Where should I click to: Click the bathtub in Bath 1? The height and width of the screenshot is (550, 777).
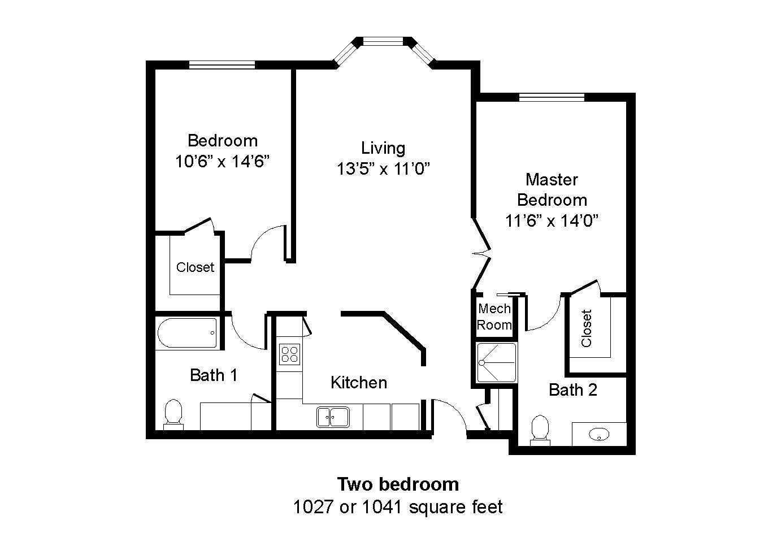pyautogui.click(x=186, y=334)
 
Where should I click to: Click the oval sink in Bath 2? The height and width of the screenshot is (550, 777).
pyautogui.click(x=599, y=434)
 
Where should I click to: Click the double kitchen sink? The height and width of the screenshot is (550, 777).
pyautogui.click(x=332, y=417)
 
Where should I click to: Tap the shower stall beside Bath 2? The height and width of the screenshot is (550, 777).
pyautogui.click(x=497, y=362)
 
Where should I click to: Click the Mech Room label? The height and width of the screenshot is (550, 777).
pyautogui.click(x=494, y=317)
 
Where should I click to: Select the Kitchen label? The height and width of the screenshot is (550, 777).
pyautogui.click(x=359, y=383)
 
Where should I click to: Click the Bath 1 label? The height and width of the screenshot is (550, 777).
pyautogui.click(x=213, y=375)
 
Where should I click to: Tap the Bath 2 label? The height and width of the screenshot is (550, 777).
pyautogui.click(x=573, y=389)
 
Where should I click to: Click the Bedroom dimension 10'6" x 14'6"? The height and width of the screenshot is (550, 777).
pyautogui.click(x=222, y=162)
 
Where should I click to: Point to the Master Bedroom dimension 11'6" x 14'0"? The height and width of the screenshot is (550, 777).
pyautogui.click(x=552, y=220)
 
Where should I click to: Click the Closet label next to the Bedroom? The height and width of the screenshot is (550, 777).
pyautogui.click(x=195, y=267)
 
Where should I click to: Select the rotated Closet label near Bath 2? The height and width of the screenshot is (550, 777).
pyautogui.click(x=587, y=328)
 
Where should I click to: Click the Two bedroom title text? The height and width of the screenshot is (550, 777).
pyautogui.click(x=398, y=484)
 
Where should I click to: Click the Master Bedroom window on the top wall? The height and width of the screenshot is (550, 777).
pyautogui.click(x=552, y=97)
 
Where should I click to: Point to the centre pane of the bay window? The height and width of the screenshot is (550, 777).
pyautogui.click(x=384, y=41)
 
